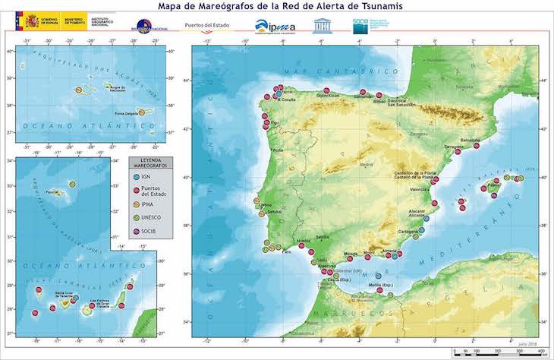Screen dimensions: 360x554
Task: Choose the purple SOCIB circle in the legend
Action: pos(136,231)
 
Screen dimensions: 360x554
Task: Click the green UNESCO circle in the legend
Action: pos(136,217)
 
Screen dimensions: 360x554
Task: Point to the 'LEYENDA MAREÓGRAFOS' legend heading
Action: pos(151,163)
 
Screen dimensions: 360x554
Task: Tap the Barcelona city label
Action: pos(471,141)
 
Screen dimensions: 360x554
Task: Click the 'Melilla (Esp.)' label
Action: pos(379,285)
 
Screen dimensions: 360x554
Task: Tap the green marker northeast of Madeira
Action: pos(72,185)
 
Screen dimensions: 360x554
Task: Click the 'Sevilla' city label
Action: pos(323,237)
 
